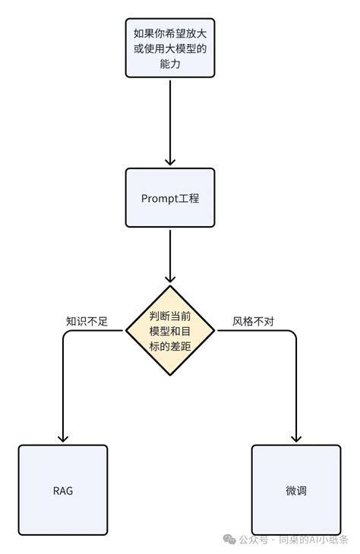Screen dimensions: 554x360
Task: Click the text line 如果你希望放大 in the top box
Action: click(170, 33)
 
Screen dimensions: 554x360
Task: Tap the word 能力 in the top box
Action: click(170, 65)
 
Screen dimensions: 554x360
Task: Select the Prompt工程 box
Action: click(170, 198)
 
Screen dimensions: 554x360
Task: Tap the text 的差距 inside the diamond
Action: click(170, 346)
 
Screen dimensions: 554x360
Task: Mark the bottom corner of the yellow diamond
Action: click(170, 376)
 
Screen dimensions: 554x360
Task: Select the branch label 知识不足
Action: click(87, 321)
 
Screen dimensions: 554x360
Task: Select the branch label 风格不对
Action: click(253, 321)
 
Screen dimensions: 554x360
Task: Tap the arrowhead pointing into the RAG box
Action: click(63, 438)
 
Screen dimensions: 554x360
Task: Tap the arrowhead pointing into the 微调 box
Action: click(296, 438)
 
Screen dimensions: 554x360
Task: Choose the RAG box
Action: click(63, 490)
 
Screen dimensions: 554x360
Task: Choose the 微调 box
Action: click(296, 490)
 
